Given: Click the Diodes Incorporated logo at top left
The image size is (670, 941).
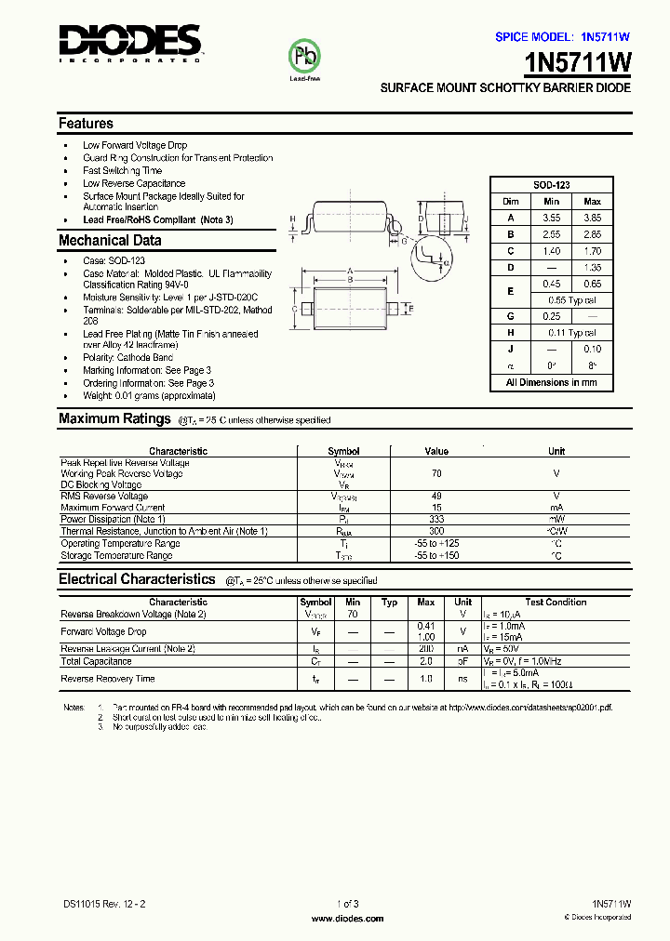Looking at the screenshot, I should point(129,43).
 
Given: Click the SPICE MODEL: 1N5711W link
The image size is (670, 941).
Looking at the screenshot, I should point(562,37).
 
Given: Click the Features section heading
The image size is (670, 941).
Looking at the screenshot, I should point(86,124).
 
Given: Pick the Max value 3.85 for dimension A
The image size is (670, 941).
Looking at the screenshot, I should point(592,218).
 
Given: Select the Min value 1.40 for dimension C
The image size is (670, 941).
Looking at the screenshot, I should point(551,251).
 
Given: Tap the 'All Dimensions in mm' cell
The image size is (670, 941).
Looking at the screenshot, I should point(551,382).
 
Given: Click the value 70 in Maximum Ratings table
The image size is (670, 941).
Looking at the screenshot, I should point(436,473).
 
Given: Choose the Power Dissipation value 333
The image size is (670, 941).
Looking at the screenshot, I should point(436,519).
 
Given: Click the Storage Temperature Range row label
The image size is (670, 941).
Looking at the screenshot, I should point(116,556).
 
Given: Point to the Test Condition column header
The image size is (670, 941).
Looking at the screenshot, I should point(556,603).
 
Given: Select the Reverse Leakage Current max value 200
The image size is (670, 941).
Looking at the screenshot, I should point(426,648).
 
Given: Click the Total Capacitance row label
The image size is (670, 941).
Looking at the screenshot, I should point(96,661).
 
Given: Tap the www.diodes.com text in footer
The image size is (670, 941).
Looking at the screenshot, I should point(346,919).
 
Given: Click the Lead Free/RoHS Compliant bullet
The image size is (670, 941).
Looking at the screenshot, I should point(157,220).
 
